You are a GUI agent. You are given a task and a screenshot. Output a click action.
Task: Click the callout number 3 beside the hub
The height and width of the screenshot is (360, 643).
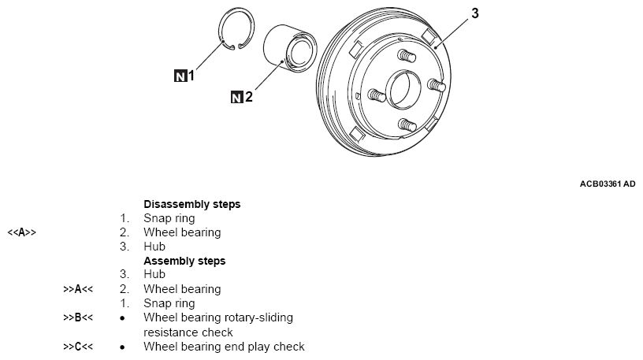coord(475,13)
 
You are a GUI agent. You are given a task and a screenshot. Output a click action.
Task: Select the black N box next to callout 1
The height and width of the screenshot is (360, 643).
coord(180,76)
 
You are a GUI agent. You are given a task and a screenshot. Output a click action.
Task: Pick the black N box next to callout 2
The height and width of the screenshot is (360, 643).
coord(237,97)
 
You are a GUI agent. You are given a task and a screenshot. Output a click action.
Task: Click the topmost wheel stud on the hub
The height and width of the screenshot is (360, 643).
coord(407,55)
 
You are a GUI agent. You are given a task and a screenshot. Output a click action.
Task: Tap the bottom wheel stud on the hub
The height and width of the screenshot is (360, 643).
coord(407,125)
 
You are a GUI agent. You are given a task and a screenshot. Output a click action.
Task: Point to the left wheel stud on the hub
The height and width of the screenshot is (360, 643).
coord(377,95)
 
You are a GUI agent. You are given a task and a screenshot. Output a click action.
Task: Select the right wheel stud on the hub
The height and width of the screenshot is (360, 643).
coord(437,85)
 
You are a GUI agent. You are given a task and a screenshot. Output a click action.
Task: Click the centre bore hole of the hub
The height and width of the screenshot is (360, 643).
coord(403,90)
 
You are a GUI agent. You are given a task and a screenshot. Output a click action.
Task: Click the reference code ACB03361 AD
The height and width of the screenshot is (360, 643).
coord(608,184)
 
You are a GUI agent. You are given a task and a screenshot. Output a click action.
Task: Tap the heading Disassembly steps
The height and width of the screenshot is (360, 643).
coord(192,204)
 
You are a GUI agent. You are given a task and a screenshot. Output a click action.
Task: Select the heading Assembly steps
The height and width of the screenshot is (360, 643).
coord(184,261)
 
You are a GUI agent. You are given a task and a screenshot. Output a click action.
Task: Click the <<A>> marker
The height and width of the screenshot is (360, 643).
coord(22,232)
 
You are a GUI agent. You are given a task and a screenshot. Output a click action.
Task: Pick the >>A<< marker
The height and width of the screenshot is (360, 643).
coord(78,289)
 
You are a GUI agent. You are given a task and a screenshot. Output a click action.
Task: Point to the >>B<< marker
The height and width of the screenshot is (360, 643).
coord(78,317)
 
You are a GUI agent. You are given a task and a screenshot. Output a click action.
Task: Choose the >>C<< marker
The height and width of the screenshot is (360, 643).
coord(78,347)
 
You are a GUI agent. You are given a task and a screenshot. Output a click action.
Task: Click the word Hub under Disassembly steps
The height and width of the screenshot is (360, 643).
coord(154,247)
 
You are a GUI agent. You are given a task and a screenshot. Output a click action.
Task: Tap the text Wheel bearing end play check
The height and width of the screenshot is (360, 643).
coord(224,347)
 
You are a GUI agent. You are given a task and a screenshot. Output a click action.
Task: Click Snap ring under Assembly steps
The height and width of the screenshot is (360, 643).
coord(169,303)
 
